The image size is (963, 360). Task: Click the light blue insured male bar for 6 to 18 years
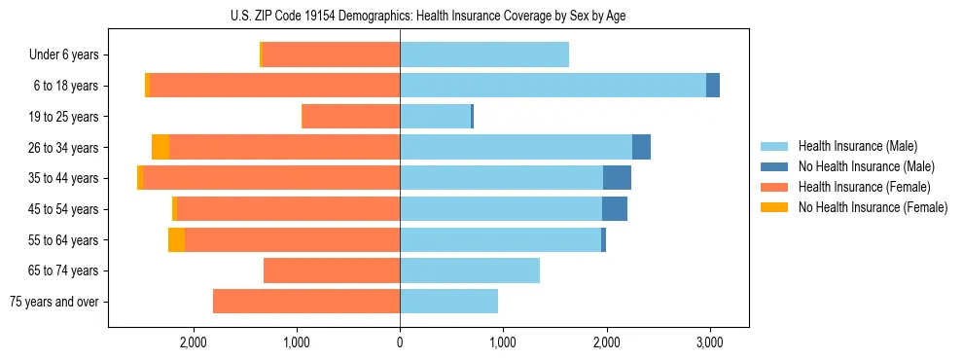tap(553, 86)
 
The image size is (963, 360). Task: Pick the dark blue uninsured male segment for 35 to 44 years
tap(617, 178)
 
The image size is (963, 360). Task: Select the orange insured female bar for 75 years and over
tap(306, 302)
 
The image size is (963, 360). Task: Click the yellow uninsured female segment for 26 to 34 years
tap(160, 147)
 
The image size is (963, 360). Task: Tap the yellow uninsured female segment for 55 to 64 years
tap(176, 239)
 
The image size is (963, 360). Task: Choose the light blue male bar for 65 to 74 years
tap(470, 270)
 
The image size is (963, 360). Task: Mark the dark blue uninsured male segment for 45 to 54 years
tap(615, 208)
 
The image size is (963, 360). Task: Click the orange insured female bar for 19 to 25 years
tap(351, 117)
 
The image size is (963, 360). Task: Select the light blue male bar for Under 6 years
tap(484, 55)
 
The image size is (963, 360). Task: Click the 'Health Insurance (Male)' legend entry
tap(857, 146)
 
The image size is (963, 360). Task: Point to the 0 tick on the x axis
tap(400, 342)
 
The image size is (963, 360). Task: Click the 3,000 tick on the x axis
tap(709, 342)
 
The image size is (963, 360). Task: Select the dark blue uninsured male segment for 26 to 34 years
tap(641, 147)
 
